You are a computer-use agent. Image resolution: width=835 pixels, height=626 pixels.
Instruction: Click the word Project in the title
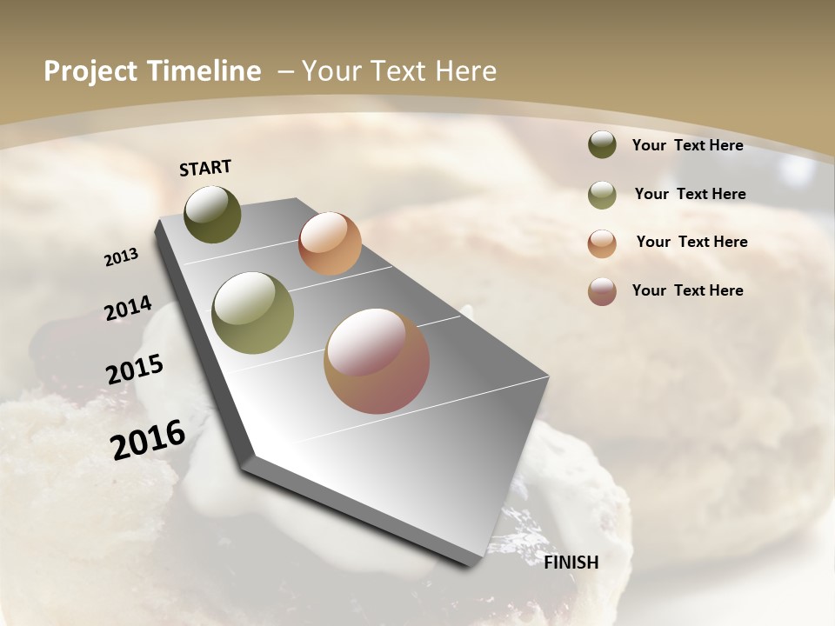[90, 71]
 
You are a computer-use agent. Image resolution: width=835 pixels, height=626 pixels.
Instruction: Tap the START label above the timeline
[205, 168]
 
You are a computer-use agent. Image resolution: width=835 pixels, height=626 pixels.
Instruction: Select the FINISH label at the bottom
[571, 563]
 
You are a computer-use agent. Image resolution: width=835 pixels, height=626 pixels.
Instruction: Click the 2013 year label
[122, 257]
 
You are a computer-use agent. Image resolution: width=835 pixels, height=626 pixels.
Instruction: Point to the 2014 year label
[129, 309]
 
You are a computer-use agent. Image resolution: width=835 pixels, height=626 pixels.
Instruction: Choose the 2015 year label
[135, 370]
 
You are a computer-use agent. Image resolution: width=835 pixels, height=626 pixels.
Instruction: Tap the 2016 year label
[148, 440]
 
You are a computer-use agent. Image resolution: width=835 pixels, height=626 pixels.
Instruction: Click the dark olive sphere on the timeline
[212, 214]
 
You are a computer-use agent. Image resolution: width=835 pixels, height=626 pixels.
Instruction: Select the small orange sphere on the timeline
[330, 243]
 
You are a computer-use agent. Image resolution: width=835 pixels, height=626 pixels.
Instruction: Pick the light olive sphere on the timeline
[253, 313]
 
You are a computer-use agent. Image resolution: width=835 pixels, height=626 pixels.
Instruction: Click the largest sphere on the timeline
[377, 361]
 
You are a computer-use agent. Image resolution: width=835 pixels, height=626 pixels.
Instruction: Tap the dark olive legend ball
[602, 144]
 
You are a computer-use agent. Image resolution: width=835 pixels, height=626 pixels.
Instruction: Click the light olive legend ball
[602, 195]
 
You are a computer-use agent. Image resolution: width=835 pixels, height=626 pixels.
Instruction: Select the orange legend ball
[602, 243]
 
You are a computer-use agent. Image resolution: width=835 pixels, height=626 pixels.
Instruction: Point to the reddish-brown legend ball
[602, 291]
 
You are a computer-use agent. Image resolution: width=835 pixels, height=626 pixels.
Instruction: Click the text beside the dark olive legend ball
[687, 145]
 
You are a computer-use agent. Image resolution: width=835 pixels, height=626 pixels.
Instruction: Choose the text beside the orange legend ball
[691, 242]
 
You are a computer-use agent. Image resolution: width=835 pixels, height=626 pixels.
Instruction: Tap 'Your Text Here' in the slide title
[399, 71]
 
